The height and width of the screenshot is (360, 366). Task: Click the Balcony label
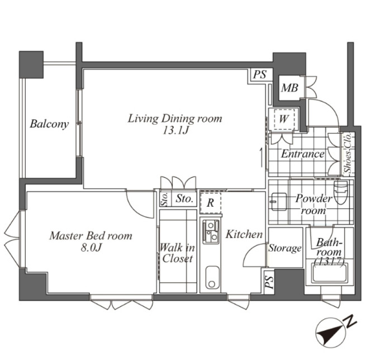pos(49,124)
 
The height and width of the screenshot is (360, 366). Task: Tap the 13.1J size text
pos(175,131)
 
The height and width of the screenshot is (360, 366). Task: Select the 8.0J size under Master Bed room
pos(91,248)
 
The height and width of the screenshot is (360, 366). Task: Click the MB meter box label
pos(289,88)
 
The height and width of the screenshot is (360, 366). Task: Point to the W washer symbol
pos(284,119)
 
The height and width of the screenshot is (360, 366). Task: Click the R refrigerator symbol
pos(210,203)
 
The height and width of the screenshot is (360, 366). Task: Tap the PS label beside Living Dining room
pos(260,74)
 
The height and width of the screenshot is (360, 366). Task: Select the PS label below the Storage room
pos(269,282)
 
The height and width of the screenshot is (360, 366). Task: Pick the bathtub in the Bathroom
pos(330,273)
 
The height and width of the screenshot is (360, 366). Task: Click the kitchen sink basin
pos(212,278)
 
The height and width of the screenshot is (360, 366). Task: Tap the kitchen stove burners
pos(211,231)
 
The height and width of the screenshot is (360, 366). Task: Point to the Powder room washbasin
pos(278,201)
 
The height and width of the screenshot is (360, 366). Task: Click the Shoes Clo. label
pos(348,153)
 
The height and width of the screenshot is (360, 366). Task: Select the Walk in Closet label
pos(177,253)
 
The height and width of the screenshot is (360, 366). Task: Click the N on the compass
pos(350,322)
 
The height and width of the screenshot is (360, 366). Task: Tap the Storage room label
pos(285,248)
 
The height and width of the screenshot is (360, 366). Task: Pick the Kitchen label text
pos(244,234)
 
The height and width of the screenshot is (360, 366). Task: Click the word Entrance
pos(303,154)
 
